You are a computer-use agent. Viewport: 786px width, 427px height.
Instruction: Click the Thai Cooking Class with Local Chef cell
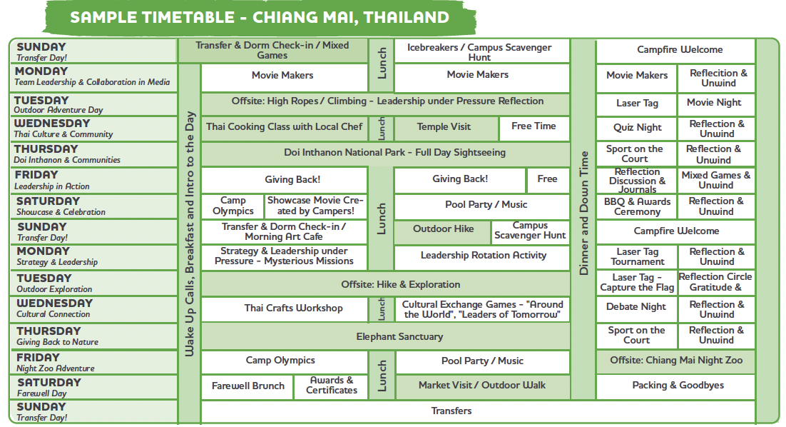pyautogui.click(x=284, y=127)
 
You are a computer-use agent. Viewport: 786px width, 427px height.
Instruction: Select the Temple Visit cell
pyautogui.click(x=444, y=127)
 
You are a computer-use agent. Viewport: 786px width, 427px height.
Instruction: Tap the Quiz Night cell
pyautogui.click(x=637, y=128)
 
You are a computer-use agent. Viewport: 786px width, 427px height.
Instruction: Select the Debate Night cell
pyautogui.click(x=636, y=307)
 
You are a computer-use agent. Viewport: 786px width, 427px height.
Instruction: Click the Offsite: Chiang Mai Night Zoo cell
pyautogui.click(x=675, y=361)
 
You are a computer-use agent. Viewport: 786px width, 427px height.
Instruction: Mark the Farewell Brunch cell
pyautogui.click(x=247, y=386)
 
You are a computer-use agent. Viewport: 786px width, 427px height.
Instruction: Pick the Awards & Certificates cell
pyautogui.click(x=332, y=386)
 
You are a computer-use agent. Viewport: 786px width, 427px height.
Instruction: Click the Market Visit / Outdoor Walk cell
pyautogui.click(x=482, y=386)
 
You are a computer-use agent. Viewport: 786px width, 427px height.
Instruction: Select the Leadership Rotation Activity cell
pyautogui.click(x=483, y=256)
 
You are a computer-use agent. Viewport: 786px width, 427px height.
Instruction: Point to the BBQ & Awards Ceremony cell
pyautogui.click(x=637, y=206)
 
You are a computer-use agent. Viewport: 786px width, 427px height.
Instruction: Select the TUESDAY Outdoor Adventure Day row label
pyautogui.click(x=93, y=105)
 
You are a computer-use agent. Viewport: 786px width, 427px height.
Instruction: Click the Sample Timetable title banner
pyautogui.click(x=260, y=18)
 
